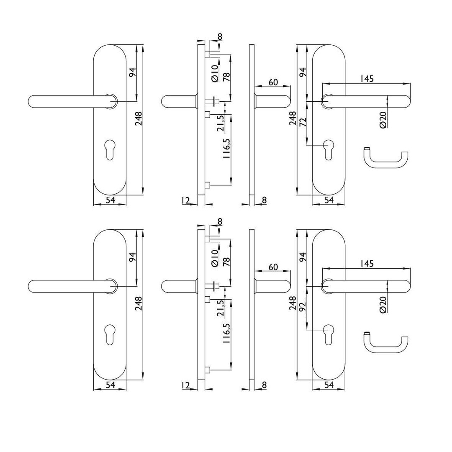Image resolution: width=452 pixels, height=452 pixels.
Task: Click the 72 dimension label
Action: [x=303, y=123]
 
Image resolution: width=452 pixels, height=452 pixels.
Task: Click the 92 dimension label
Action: [x=303, y=308]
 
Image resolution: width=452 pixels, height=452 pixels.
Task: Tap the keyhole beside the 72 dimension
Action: [x=329, y=149]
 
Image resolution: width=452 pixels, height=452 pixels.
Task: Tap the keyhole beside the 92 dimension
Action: [x=329, y=334]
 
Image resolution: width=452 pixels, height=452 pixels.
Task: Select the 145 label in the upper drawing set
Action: [x=366, y=78]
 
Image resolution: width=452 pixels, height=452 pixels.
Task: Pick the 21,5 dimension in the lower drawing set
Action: [x=220, y=308]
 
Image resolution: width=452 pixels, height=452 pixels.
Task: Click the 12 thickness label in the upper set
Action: [x=186, y=200]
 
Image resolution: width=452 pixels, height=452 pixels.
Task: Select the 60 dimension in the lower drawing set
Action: [x=273, y=267]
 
